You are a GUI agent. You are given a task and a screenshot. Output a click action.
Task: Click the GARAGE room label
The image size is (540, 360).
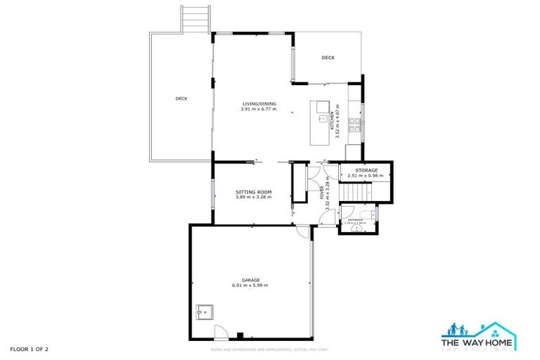(x=250, y=280)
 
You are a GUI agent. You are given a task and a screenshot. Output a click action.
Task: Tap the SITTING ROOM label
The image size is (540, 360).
(x=253, y=192)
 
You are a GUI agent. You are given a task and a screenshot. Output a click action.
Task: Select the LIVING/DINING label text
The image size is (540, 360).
(x=259, y=104)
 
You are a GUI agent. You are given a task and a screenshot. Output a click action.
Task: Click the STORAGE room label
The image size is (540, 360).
(x=366, y=170)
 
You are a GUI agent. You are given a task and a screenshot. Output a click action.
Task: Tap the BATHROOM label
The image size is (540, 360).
(x=356, y=220)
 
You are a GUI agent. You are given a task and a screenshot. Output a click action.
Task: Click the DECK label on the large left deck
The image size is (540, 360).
(x=181, y=98)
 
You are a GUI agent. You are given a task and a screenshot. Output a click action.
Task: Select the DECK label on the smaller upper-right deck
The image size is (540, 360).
(x=328, y=58)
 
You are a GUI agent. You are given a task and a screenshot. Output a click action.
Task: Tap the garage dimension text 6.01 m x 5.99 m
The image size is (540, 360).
(x=250, y=285)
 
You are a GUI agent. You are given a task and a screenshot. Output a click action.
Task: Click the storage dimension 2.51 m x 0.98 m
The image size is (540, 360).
(x=366, y=176)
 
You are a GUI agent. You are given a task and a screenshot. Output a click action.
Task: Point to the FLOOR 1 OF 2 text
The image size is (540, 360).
(x=29, y=349)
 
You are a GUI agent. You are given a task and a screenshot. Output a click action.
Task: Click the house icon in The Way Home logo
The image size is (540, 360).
(x=496, y=328)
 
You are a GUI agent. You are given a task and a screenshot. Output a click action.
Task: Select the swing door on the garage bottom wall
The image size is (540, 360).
(x=220, y=333)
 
